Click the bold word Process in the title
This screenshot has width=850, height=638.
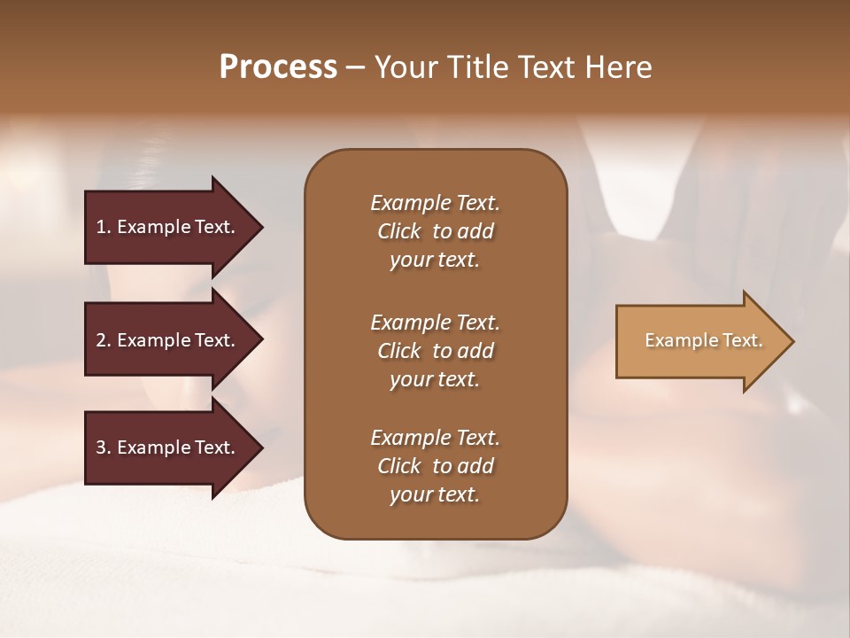tap(278, 67)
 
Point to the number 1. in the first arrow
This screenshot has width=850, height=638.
tap(104, 227)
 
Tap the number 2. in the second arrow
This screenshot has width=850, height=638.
tap(104, 340)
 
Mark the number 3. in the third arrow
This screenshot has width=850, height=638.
tap(104, 447)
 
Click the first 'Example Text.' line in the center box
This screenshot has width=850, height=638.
tap(435, 203)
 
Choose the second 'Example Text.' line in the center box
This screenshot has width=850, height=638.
tap(435, 322)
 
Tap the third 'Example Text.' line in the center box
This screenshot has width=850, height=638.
tap(435, 438)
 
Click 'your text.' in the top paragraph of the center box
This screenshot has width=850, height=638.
tap(435, 261)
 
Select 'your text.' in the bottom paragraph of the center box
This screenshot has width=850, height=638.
tap(435, 495)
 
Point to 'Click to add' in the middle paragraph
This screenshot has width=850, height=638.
tap(435, 351)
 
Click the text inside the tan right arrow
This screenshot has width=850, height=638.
tap(703, 340)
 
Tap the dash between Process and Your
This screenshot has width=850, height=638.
tap(356, 67)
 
